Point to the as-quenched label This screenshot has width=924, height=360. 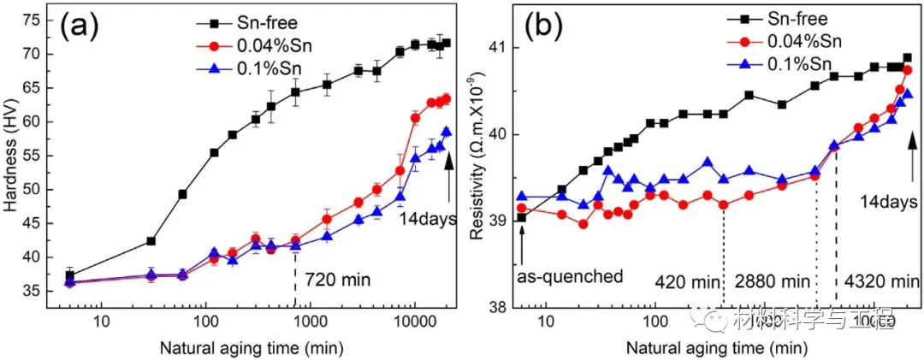[x=568, y=277]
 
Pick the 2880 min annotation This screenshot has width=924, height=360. [x=772, y=280]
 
